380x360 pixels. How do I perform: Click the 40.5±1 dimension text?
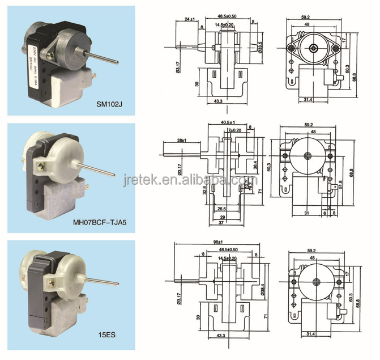coord(219,121)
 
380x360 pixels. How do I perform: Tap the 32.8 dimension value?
coord(204,190)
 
